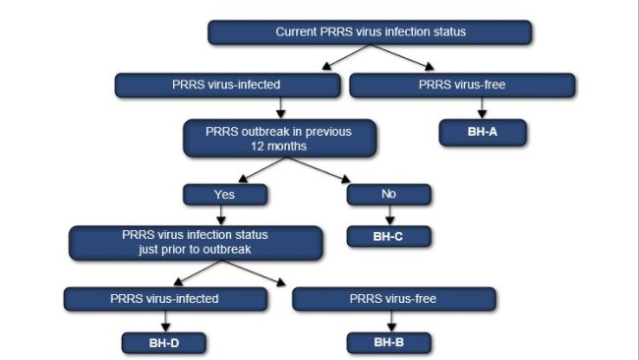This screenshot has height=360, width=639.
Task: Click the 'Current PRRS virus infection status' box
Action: click(x=370, y=32)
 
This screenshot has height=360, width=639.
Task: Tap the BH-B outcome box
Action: click(x=390, y=342)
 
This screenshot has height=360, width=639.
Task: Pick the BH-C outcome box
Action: click(x=389, y=236)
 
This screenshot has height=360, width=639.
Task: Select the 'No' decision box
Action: click(x=389, y=194)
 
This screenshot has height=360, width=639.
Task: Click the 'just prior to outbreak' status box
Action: click(x=195, y=242)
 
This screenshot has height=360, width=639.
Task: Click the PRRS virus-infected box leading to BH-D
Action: click(x=164, y=298)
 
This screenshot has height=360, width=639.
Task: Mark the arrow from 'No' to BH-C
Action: click(x=389, y=215)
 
